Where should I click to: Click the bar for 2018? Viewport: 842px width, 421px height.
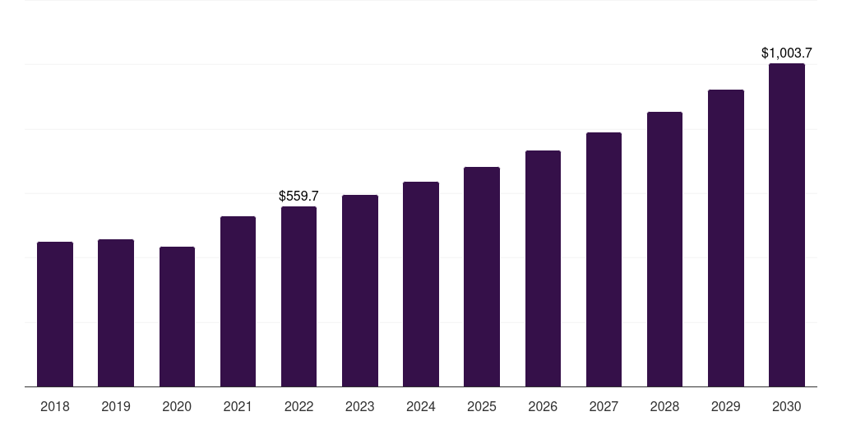[x=55, y=314]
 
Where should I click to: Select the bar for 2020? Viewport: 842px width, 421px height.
[x=177, y=317]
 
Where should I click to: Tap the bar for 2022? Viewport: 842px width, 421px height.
[x=298, y=296]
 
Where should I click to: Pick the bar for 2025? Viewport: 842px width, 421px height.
[x=482, y=276]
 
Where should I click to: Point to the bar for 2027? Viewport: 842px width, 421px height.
[x=604, y=259]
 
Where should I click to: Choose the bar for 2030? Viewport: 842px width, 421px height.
[x=787, y=224]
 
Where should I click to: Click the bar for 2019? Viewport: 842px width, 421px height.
[x=116, y=312]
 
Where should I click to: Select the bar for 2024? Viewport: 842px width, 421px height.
[x=421, y=284]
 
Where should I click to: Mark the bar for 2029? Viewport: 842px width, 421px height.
[x=726, y=238]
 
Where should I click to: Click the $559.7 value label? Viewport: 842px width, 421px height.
[x=298, y=197]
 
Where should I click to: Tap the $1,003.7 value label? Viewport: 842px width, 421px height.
[x=787, y=53]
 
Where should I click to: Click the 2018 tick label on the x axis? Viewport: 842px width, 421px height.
[x=55, y=406]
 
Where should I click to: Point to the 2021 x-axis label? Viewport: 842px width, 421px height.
[x=238, y=406]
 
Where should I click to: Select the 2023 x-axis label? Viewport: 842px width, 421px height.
[x=360, y=406]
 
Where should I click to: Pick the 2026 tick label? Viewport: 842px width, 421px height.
[x=543, y=406]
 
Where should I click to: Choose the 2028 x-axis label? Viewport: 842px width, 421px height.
[x=664, y=406]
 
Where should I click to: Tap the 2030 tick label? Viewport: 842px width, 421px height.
[x=787, y=406]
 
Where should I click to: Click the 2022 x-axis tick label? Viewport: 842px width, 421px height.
[x=298, y=406]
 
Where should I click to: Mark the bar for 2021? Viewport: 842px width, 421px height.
[x=238, y=301]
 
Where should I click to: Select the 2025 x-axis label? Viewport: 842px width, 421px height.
[x=482, y=406]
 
